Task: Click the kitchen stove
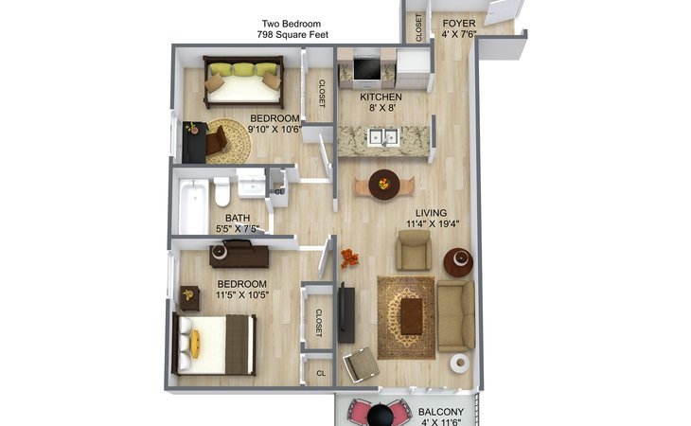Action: point(366,69)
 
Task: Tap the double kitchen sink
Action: point(383,137)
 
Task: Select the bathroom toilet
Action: point(222,191)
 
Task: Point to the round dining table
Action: point(384,185)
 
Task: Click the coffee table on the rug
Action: point(412,316)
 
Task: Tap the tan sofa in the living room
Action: point(456,316)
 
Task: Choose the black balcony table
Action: point(380,417)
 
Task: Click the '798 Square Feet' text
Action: point(292,34)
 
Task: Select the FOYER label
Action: point(459,24)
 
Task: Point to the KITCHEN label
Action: point(381,97)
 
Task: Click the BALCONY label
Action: point(441,412)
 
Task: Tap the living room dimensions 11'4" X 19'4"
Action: point(433,223)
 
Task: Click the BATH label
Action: point(238,218)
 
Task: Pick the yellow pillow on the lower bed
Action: point(195,344)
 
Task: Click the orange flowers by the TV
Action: point(349,258)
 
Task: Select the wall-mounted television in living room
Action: point(345,312)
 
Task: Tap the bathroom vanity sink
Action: point(252,183)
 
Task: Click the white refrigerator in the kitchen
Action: point(413,68)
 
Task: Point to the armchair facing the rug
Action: point(413,250)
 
